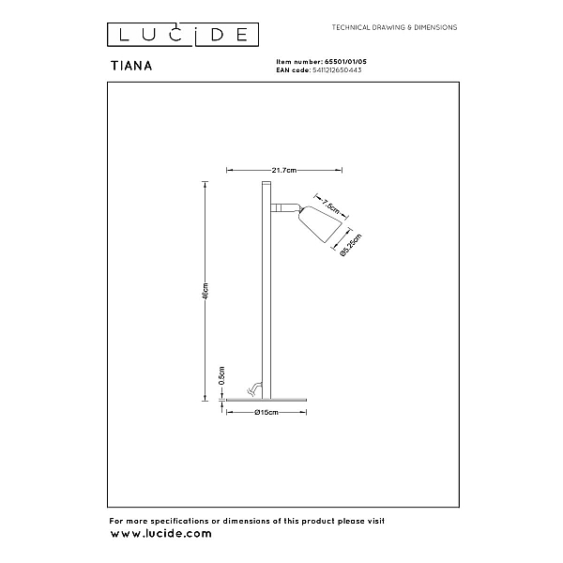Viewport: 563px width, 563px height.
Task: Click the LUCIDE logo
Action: pyautogui.click(x=183, y=35)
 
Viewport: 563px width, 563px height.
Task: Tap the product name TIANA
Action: pyautogui.click(x=131, y=66)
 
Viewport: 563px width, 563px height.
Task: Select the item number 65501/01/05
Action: pyautogui.click(x=345, y=62)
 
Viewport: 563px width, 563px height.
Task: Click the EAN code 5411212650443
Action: pyautogui.click(x=337, y=70)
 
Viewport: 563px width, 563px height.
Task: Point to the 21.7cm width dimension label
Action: pyautogui.click(x=284, y=170)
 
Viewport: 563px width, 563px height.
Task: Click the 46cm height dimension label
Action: pyautogui.click(x=205, y=291)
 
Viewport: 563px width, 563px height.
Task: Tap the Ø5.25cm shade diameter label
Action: pyautogui.click(x=350, y=245)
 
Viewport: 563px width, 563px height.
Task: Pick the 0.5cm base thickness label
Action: pyautogui.click(x=221, y=376)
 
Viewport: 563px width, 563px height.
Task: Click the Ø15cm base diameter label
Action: pyautogui.click(x=266, y=413)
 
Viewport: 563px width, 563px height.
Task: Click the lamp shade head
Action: pyautogui.click(x=319, y=223)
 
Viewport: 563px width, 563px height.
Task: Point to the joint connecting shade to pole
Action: pyautogui.click(x=284, y=207)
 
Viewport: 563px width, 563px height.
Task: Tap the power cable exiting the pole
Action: pyautogui.click(x=255, y=388)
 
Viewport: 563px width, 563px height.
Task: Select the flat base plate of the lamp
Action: pyautogui.click(x=266, y=400)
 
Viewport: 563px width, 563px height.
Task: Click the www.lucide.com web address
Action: pyautogui.click(x=160, y=534)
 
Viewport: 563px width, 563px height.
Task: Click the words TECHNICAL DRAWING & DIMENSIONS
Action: pyautogui.click(x=394, y=27)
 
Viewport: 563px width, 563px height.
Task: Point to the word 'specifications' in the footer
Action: pyautogui.click(x=179, y=522)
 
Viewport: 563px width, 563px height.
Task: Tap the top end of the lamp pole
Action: pyautogui.click(x=266, y=182)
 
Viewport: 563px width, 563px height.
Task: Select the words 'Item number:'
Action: pyautogui.click(x=299, y=62)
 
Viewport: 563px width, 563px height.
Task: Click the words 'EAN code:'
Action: pyautogui.click(x=294, y=70)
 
